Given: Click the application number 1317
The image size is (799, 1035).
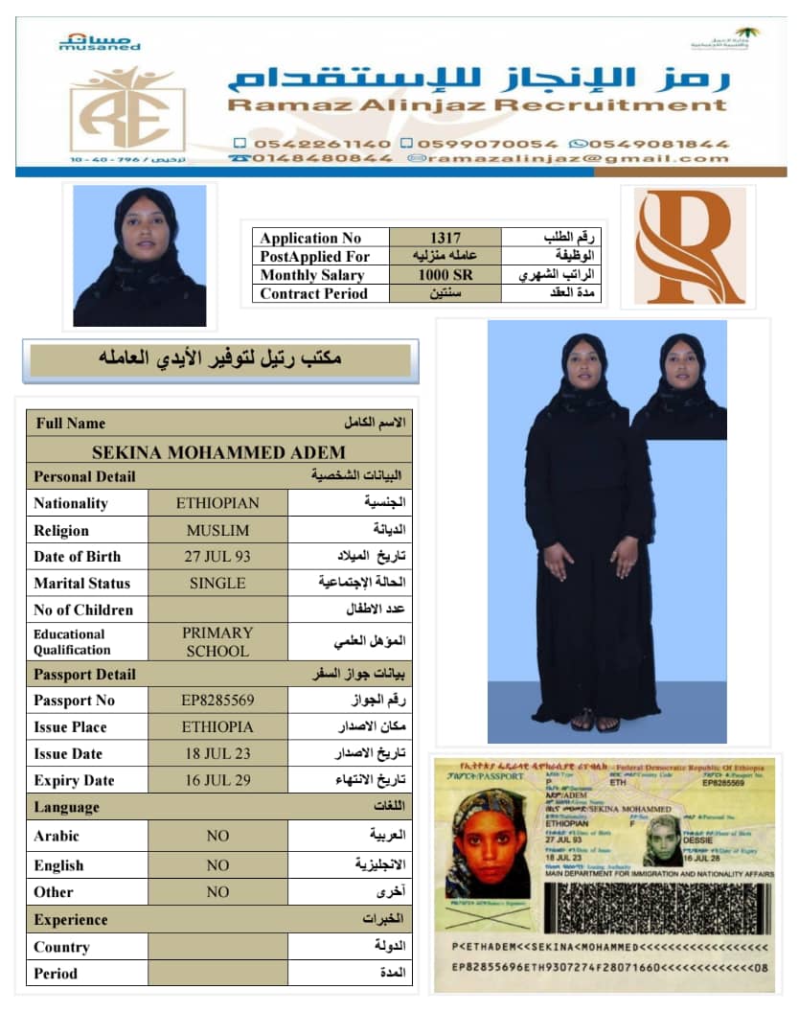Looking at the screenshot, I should [x=445, y=238].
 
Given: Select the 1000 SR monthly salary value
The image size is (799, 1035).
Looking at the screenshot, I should [x=445, y=275].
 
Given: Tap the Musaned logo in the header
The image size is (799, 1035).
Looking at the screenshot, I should [x=100, y=41].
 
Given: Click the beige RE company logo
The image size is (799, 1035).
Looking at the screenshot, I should [x=127, y=107].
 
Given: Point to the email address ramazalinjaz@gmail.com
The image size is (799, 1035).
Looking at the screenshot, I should [x=568, y=158].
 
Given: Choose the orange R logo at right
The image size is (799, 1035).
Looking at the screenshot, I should [x=689, y=247].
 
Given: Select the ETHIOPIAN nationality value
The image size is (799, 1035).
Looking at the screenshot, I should [x=217, y=503].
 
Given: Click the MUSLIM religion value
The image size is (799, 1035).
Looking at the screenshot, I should [x=217, y=530].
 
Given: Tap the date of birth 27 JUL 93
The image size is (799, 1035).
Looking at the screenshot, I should [x=217, y=556].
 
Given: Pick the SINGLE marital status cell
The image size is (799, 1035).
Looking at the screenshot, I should [x=217, y=583].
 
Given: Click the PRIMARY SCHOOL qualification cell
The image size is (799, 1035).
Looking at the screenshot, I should [x=217, y=641].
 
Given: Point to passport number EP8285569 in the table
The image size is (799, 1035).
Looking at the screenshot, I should [x=217, y=701].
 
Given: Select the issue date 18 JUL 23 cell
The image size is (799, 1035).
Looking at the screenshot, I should [x=217, y=753].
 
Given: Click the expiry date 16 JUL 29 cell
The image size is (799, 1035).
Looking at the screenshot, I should [x=217, y=780].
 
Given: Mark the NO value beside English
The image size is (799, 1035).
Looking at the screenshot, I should [x=217, y=865].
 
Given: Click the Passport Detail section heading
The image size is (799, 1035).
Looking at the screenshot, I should [x=85, y=675].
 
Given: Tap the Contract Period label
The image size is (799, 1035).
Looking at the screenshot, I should [x=313, y=294].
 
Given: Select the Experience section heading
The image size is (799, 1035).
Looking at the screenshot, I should [x=71, y=920].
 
